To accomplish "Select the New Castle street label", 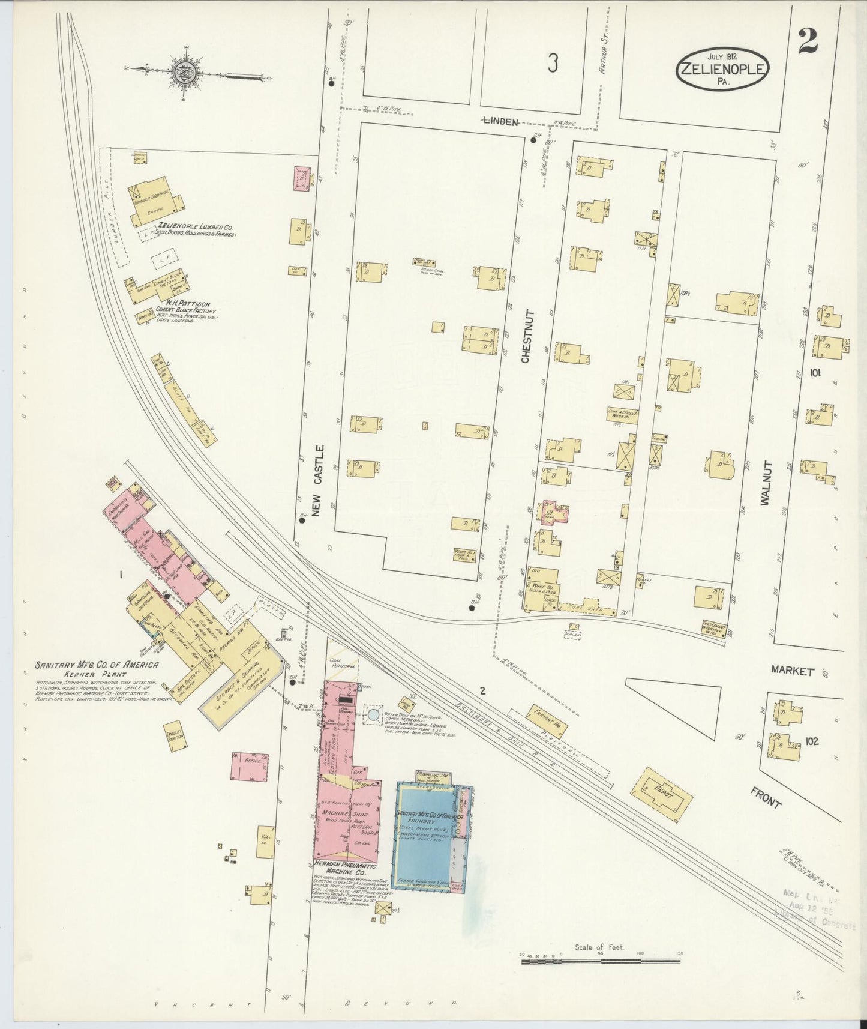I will pyautogui.click(x=318, y=480).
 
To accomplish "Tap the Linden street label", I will pyautogui.click(x=502, y=122).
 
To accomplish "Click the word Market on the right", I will pyautogui.click(x=792, y=672).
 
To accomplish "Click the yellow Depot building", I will pyautogui.click(x=664, y=794).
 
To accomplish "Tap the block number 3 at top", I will pyautogui.click(x=553, y=61).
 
